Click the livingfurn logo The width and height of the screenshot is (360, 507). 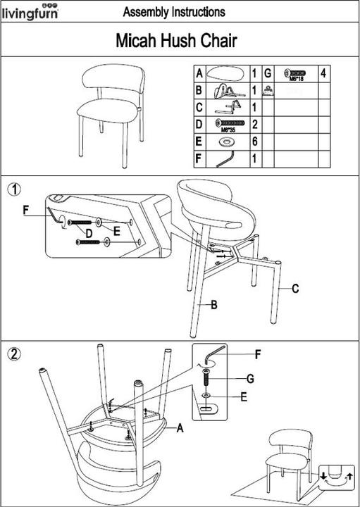click(x=30, y=11)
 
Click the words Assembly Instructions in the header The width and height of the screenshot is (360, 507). click(x=174, y=12)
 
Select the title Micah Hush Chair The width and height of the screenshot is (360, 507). click(x=175, y=42)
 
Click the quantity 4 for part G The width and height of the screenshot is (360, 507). click(x=323, y=73)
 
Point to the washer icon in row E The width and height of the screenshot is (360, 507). click(x=228, y=142)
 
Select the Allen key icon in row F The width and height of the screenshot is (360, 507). click(x=227, y=159)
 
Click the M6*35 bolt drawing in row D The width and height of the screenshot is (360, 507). click(x=228, y=124)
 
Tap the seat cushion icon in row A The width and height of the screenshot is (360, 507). click(x=227, y=73)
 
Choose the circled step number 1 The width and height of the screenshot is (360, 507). click(x=13, y=188)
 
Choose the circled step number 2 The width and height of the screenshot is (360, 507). click(x=13, y=353)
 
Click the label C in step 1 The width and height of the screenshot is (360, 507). click(x=296, y=288)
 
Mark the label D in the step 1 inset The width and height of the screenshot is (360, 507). click(x=89, y=233)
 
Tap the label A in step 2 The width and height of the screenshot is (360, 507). click(x=180, y=427)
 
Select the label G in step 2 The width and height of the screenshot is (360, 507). click(x=250, y=379)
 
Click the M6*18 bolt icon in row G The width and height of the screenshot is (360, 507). click(x=294, y=73)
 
